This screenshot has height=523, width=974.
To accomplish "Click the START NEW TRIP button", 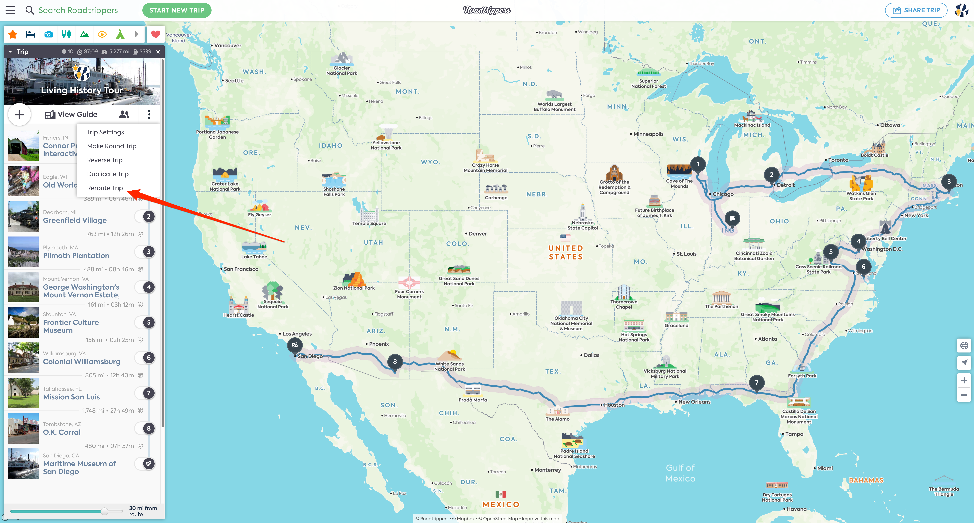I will tap(177, 10).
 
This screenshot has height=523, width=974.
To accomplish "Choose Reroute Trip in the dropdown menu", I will tap(105, 188).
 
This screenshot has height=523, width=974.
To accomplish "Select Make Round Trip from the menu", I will tap(112, 146).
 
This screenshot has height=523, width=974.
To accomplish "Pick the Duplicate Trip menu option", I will tap(108, 174).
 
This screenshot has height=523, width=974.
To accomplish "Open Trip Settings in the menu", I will tap(105, 132).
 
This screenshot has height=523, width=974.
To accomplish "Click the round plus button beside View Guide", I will tap(19, 114).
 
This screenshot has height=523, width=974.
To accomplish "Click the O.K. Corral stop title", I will tap(62, 432).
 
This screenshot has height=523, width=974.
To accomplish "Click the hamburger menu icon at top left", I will tap(10, 10).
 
